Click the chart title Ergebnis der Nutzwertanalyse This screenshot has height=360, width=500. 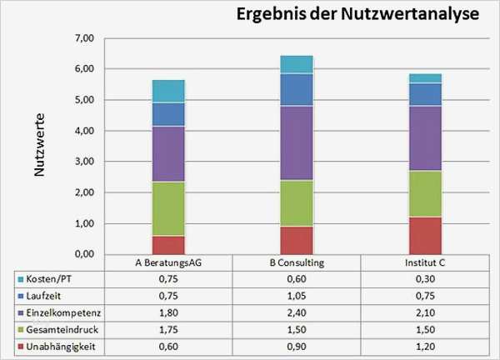[x=357, y=16]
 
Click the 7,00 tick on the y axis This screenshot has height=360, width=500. [x=84, y=38]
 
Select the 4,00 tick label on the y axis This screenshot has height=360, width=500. [x=84, y=131]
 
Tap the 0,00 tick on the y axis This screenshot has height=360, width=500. [x=84, y=254]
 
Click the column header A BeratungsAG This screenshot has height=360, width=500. [x=167, y=263]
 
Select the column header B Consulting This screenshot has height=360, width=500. [x=296, y=263]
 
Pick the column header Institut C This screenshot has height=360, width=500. [x=424, y=263]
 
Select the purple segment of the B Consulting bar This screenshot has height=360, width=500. [x=296, y=142]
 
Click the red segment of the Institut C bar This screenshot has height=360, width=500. [x=424, y=235]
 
